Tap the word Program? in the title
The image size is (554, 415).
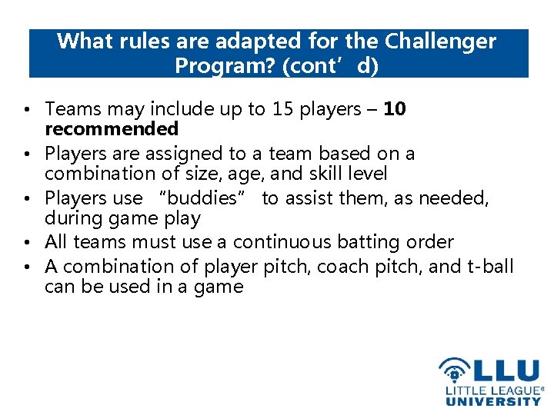click(225, 66)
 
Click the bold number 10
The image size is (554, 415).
click(394, 110)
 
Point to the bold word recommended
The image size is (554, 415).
click(112, 128)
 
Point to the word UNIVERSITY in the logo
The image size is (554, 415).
click(493, 400)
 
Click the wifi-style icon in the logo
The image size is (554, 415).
click(454, 370)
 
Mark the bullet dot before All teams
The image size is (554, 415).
click(35, 243)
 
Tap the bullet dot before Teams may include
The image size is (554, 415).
click(35, 111)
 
